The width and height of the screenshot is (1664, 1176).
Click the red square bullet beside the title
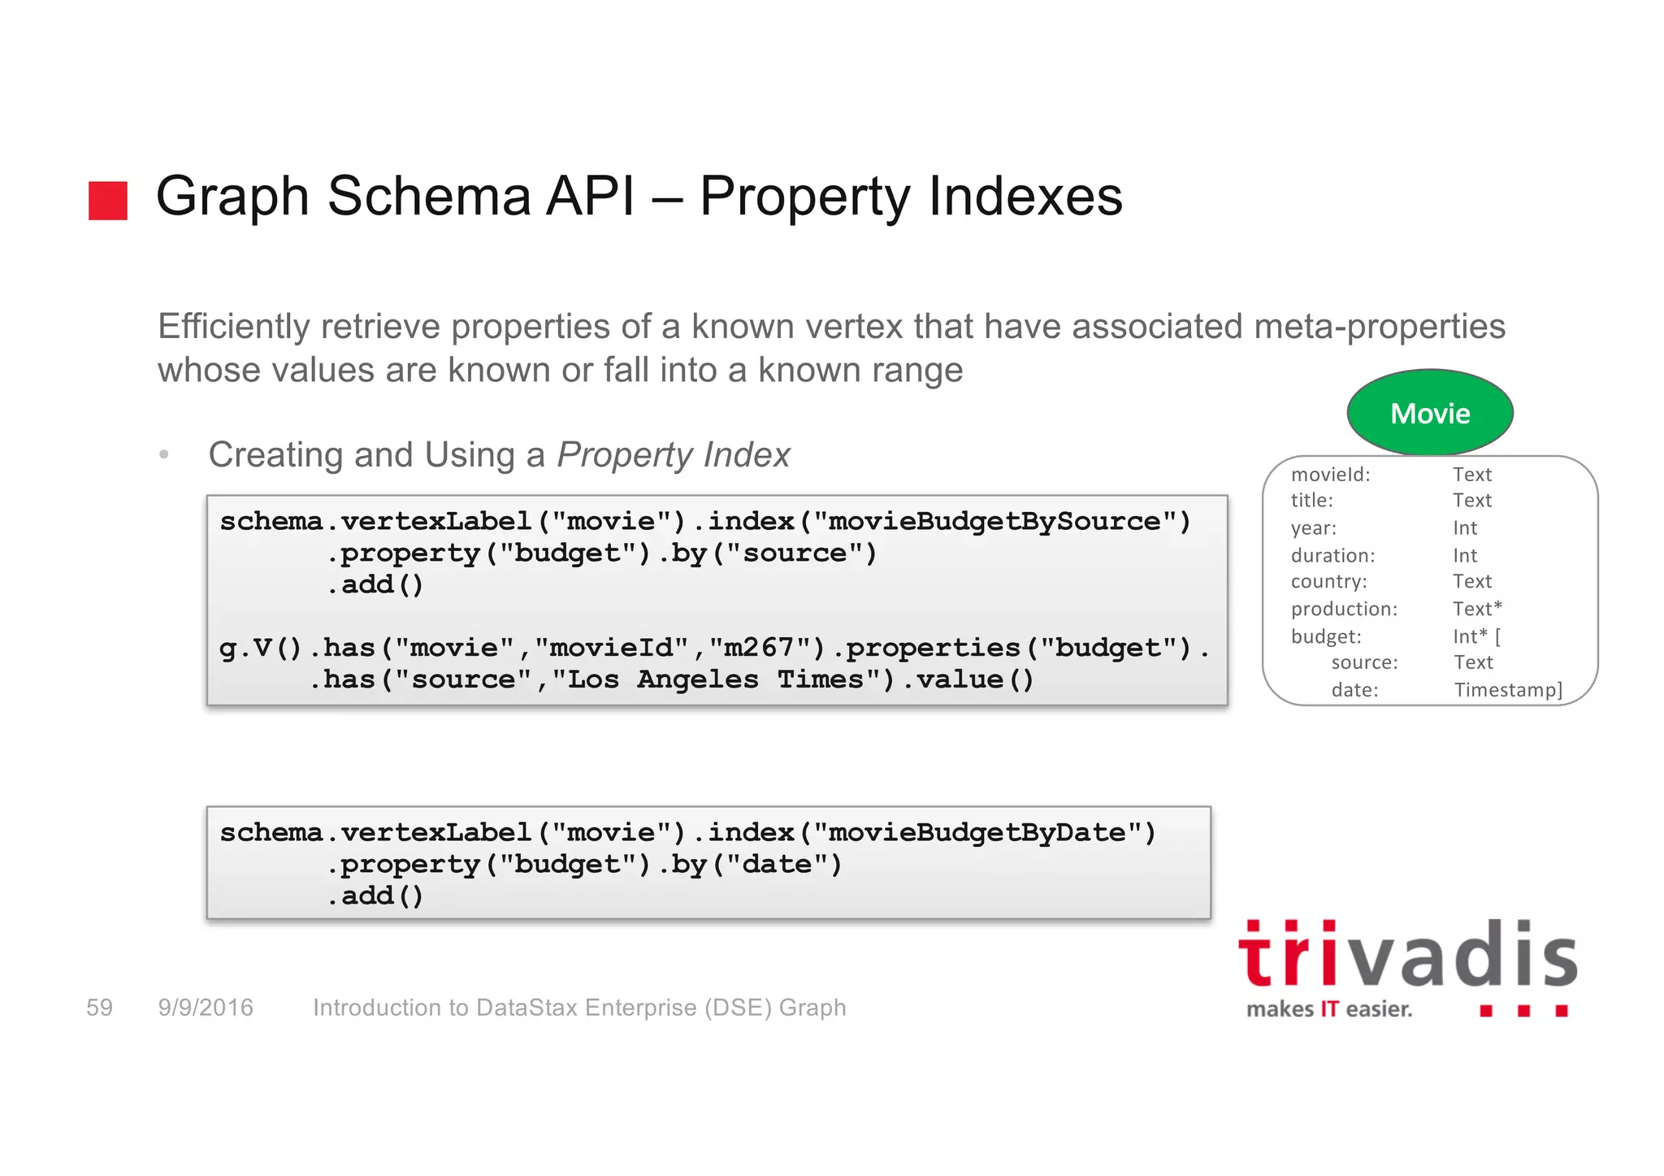click(108, 200)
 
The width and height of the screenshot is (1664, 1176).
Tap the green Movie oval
click(1430, 413)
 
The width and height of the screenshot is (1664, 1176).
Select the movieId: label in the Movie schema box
click(1330, 475)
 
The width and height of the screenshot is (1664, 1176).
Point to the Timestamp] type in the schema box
click(1508, 690)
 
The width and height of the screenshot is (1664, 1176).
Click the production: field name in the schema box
click(1344, 609)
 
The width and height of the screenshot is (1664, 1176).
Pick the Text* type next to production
click(1477, 609)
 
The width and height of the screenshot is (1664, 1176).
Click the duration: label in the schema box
click(1332, 555)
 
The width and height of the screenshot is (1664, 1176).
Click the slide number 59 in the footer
click(99, 1008)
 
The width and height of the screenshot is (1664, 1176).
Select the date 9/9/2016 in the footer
click(206, 1008)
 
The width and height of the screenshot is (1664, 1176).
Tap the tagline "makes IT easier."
click(1329, 1009)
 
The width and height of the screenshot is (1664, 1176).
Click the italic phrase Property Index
click(674, 455)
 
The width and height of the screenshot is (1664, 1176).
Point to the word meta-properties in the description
click(1380, 327)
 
